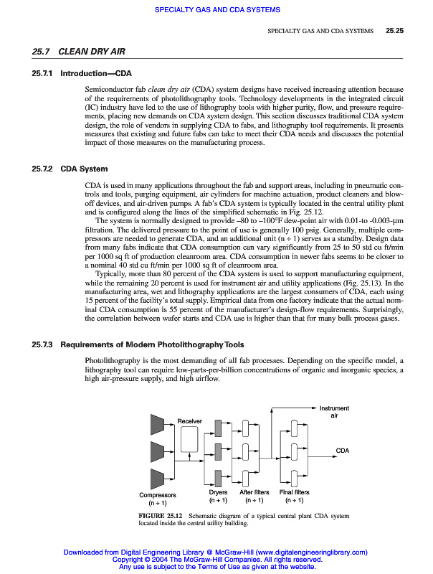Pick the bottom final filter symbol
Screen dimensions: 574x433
[x=294, y=476]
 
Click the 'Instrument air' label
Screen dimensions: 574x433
[x=333, y=412]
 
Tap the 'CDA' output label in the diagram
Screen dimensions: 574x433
[x=342, y=450]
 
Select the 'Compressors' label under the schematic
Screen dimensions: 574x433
[x=158, y=495]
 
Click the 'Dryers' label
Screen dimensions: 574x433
[x=218, y=492]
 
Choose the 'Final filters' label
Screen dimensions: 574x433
[x=294, y=492]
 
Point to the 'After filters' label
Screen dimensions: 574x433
[x=254, y=492]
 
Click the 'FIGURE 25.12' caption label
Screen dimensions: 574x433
[x=161, y=516]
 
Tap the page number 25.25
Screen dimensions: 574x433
[x=395, y=31]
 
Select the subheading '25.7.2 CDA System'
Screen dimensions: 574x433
[x=70, y=169]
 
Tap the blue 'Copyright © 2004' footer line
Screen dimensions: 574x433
[x=216, y=559]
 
